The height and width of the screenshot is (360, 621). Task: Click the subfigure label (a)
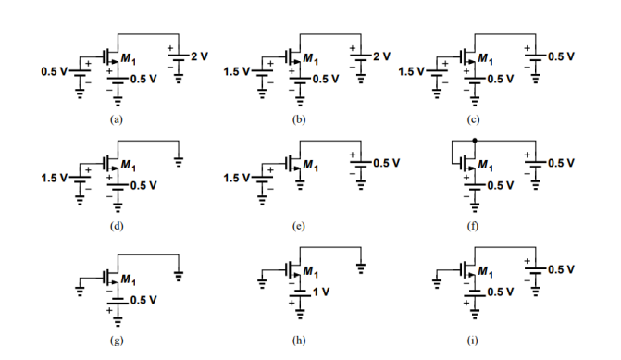point(117,120)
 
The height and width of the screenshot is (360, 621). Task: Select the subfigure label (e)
point(298,226)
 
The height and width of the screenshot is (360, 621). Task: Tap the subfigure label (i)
point(473,340)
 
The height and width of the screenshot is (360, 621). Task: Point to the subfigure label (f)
point(473,226)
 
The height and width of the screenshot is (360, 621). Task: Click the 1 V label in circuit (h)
point(321,292)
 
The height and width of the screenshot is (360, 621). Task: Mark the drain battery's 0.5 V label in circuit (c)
point(560,57)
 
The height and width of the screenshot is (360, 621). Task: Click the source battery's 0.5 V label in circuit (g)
point(143,300)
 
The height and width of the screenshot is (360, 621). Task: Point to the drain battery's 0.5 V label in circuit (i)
point(560,269)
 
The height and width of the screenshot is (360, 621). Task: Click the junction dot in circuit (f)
point(474,141)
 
